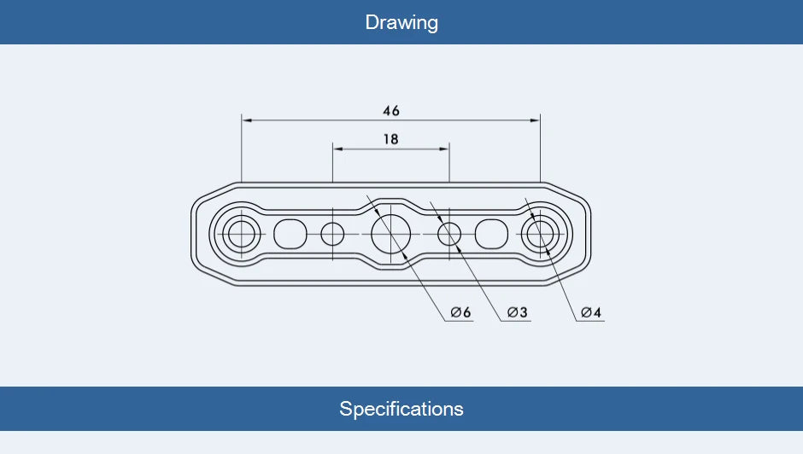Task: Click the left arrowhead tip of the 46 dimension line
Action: click(x=242, y=120)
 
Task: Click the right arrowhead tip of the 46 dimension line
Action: click(x=540, y=120)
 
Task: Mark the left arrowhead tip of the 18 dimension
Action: click(x=333, y=149)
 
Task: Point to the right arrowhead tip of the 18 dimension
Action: click(x=449, y=149)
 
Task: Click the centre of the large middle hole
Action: click(x=390, y=234)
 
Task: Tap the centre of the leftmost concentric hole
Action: click(x=241, y=234)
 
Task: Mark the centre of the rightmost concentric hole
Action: click(x=540, y=234)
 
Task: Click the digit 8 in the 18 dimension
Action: click(x=394, y=139)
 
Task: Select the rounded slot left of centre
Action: click(x=290, y=234)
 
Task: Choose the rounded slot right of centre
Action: click(x=492, y=234)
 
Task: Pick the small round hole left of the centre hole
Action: click(x=332, y=234)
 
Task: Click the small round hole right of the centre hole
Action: click(x=449, y=234)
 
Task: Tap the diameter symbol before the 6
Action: click(x=456, y=311)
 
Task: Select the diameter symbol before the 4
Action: click(x=586, y=311)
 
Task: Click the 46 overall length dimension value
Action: click(x=391, y=111)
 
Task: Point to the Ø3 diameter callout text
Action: click(x=517, y=311)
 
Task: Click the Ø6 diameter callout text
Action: click(x=461, y=311)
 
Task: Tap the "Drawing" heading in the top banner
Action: click(x=401, y=22)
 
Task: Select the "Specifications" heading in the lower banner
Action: click(x=401, y=409)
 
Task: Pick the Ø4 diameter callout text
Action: click(x=591, y=311)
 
